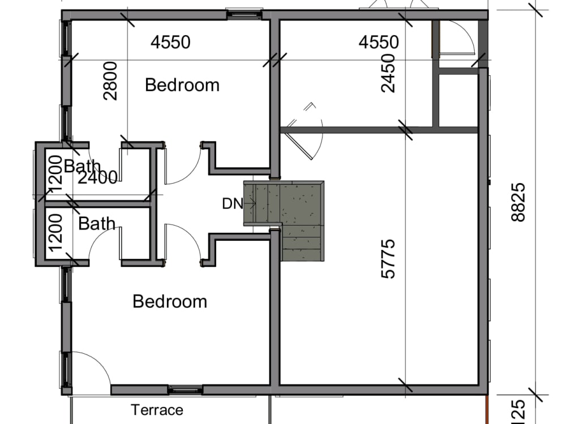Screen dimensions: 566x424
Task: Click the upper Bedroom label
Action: [182, 85]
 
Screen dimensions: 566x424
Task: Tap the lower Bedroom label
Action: [170, 301]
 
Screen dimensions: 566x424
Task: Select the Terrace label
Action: [157, 410]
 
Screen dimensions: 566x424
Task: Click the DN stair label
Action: [233, 204]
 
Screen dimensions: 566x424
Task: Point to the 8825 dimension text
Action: [518, 202]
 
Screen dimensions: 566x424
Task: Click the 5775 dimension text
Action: [388, 259]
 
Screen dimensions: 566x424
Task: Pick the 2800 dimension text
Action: [110, 81]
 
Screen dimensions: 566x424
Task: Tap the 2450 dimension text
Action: [388, 73]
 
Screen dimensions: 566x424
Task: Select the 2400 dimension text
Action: [97, 178]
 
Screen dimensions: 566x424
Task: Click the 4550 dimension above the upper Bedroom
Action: [170, 42]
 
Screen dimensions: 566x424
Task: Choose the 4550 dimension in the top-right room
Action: [379, 42]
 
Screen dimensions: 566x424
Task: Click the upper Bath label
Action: [82, 166]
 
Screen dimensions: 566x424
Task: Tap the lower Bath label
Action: [97, 223]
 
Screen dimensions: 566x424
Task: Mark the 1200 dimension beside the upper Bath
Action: [55, 175]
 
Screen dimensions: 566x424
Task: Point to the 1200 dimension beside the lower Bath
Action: [55, 232]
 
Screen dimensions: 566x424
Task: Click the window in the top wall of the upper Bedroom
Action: [245, 14]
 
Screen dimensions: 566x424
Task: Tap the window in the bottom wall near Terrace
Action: [186, 390]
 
